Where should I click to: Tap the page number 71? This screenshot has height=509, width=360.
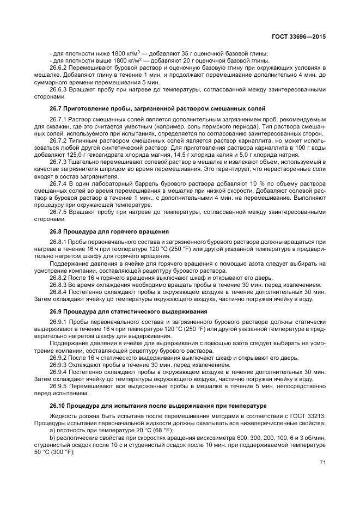(x=322, y=463)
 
